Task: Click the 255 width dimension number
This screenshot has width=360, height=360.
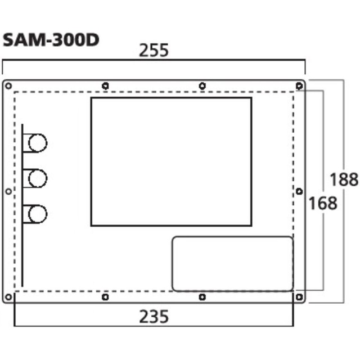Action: (x=154, y=51)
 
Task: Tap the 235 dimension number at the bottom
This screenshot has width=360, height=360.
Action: (x=154, y=317)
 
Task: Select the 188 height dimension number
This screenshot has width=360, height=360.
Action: (x=344, y=179)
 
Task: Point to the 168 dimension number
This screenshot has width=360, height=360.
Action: (x=322, y=202)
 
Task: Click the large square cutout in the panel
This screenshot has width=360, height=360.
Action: (x=171, y=161)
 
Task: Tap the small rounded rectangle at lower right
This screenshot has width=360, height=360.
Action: (x=232, y=264)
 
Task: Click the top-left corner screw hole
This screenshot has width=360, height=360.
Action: (x=8, y=85)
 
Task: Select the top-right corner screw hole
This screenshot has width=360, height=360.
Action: (x=299, y=85)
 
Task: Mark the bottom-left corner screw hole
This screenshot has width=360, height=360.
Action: (x=8, y=296)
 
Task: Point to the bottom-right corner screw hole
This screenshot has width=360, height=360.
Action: (x=299, y=296)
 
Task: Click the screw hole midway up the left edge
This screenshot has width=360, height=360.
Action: (x=8, y=191)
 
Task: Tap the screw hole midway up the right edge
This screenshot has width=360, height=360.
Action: (x=299, y=191)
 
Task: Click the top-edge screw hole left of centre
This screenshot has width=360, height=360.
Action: (x=106, y=85)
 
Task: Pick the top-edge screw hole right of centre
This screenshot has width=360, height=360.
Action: (x=202, y=85)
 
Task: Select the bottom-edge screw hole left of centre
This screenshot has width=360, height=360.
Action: (x=106, y=296)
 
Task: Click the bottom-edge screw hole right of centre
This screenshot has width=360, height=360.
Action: (x=202, y=296)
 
